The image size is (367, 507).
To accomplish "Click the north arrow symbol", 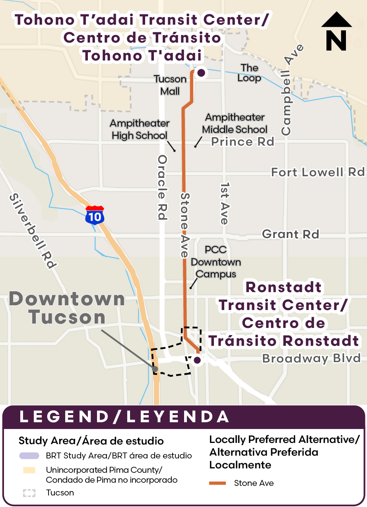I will (336, 31).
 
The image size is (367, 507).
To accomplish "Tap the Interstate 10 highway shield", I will (95, 215).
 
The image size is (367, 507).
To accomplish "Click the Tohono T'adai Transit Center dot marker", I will (201, 73).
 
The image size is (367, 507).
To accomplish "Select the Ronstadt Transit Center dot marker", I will (197, 360).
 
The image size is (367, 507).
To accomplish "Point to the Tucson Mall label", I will (170, 85).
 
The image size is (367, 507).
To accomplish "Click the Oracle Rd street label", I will (162, 187).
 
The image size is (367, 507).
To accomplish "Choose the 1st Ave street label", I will (225, 203).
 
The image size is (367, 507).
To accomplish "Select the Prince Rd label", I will (243, 142).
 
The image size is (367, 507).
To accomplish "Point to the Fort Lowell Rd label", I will (318, 172).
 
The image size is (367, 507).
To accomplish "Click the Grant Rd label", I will (291, 234).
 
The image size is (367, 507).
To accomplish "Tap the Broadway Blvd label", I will (311, 359).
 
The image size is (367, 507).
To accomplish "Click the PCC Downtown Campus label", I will (216, 262).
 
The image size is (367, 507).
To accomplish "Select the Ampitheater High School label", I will (140, 129).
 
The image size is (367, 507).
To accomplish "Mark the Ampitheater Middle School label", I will (235, 123).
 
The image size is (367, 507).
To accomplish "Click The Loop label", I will (249, 73).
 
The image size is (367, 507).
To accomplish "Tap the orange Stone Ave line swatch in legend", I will (217, 483).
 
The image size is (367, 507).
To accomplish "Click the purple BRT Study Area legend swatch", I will (29, 456).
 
